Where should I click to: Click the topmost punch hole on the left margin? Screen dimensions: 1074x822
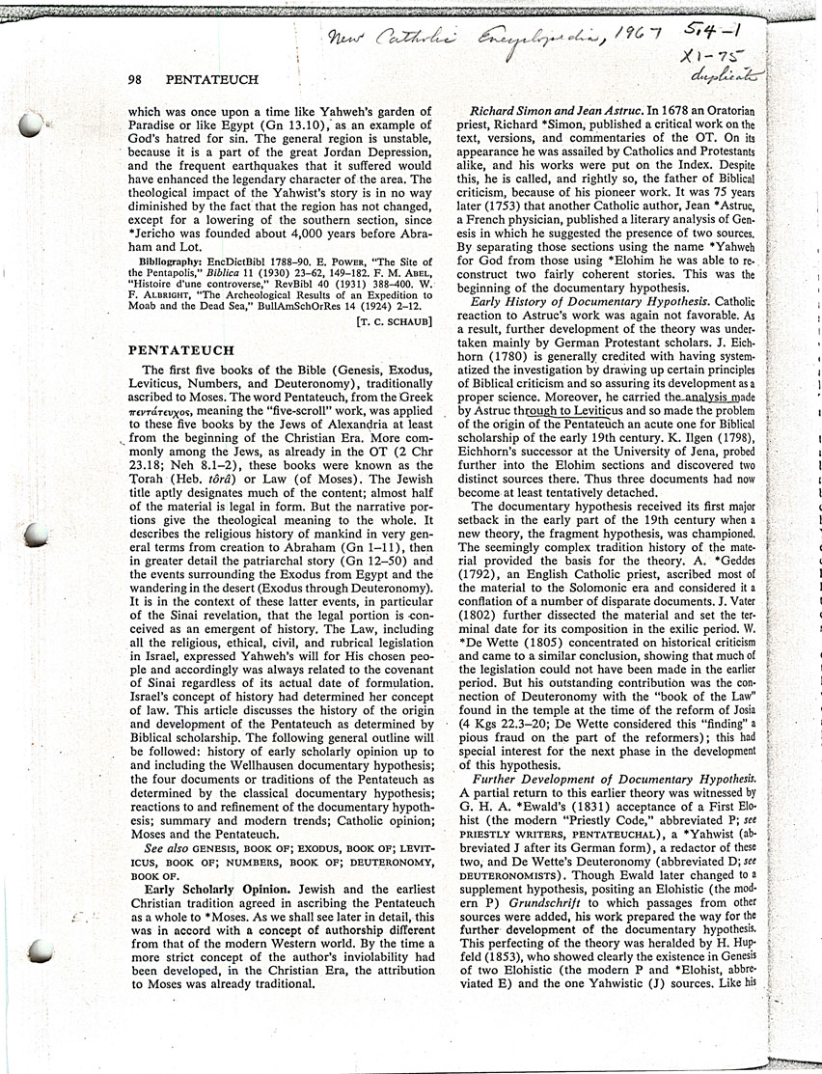tap(31, 123)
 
